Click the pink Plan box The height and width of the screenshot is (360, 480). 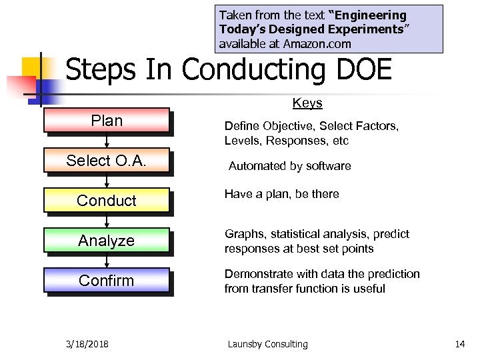(x=107, y=121)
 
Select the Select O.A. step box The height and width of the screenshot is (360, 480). (x=107, y=161)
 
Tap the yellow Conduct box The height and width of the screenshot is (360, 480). (x=107, y=201)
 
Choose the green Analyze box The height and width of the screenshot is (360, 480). (x=107, y=241)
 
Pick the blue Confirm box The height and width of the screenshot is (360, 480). (x=107, y=281)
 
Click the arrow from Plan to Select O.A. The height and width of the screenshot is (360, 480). (x=107, y=141)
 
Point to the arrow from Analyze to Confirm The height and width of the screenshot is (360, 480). (x=107, y=261)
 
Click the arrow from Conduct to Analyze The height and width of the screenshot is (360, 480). (x=107, y=221)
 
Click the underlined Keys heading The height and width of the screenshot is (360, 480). (x=307, y=103)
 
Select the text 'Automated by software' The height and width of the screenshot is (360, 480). (x=289, y=166)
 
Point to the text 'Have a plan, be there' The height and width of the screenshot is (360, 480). (x=281, y=194)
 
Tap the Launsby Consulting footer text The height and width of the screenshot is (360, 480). (x=267, y=344)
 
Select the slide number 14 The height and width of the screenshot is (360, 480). (x=459, y=344)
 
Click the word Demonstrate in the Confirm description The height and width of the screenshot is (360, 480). (x=255, y=274)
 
